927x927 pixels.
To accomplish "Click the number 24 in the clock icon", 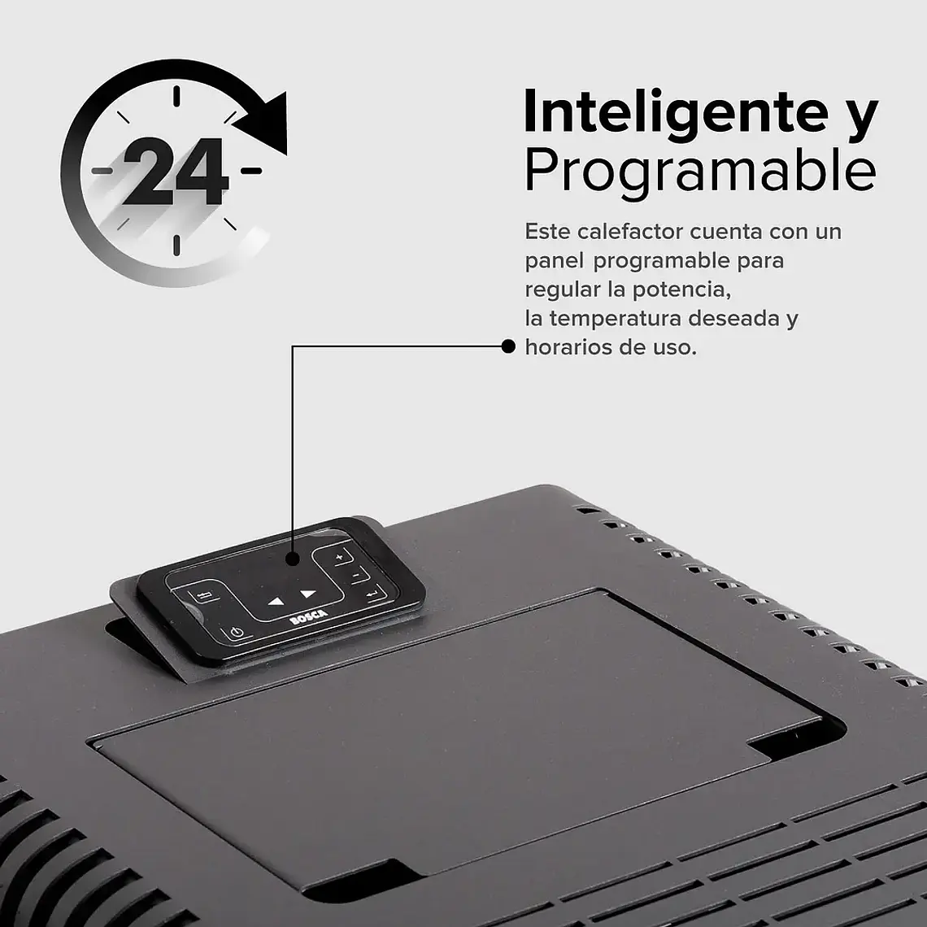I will tap(176, 172).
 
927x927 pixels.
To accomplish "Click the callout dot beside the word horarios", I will tap(509, 347).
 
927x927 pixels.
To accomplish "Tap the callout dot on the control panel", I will tap(293, 559).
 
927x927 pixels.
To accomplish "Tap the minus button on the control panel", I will tap(356, 575).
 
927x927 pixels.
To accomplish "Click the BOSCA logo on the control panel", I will tap(308, 618).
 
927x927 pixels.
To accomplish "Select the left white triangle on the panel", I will tap(276, 603).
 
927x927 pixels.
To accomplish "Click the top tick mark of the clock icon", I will tap(175, 97).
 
